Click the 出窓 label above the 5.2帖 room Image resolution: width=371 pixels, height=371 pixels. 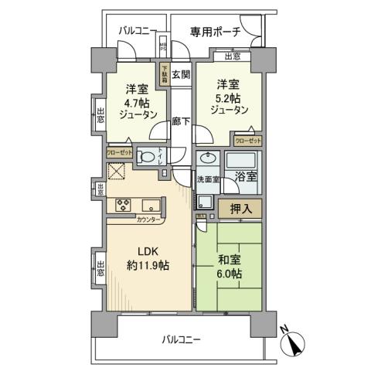click(231, 56)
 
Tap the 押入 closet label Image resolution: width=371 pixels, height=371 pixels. click(240, 207)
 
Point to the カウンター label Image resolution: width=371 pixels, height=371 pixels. click(149, 220)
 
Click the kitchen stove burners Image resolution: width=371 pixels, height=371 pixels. click(123, 205)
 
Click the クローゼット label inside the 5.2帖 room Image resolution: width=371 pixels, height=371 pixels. click(247, 141)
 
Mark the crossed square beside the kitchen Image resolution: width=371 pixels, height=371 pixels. click(117, 173)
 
